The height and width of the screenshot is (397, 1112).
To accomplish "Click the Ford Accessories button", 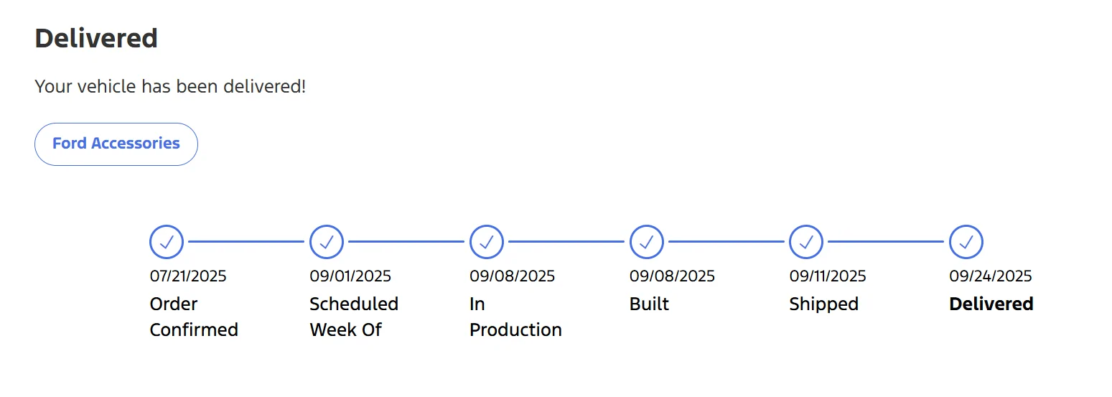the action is pyautogui.click(x=116, y=144).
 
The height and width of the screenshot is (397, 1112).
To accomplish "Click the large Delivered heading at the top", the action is pyautogui.click(x=96, y=38).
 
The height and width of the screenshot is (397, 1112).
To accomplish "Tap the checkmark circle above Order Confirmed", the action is pyautogui.click(x=167, y=242).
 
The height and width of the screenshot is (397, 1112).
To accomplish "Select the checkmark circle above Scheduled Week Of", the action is pyautogui.click(x=327, y=242).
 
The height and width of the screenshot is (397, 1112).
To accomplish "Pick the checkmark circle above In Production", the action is pyautogui.click(x=487, y=242).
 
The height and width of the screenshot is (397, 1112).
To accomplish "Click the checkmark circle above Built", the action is pyautogui.click(x=646, y=242).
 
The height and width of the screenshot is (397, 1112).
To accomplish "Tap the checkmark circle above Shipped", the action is pyautogui.click(x=806, y=242).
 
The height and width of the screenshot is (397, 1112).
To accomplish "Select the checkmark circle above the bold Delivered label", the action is pyautogui.click(x=966, y=242).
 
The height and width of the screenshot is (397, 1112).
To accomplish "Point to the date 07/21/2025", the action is pyautogui.click(x=188, y=276).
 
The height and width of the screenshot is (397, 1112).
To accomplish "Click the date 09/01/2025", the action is pyautogui.click(x=350, y=276).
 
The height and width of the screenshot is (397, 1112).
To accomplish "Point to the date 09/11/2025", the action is pyautogui.click(x=828, y=276).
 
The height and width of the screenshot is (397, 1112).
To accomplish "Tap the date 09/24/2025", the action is pyautogui.click(x=991, y=276).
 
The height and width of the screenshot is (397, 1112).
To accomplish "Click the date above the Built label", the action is pyautogui.click(x=672, y=276).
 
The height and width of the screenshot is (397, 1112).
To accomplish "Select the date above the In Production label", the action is pyautogui.click(x=513, y=276).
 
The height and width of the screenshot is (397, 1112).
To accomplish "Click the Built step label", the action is pyautogui.click(x=650, y=304).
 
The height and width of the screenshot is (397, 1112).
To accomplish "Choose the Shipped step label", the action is pyautogui.click(x=824, y=304).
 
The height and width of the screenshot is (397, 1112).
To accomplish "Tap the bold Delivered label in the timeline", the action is pyautogui.click(x=991, y=304).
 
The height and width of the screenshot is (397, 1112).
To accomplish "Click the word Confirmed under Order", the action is pyautogui.click(x=194, y=330).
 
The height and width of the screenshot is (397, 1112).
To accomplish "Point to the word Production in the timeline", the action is pyautogui.click(x=515, y=330).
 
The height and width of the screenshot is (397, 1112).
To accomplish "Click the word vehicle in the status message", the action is pyautogui.click(x=107, y=86).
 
